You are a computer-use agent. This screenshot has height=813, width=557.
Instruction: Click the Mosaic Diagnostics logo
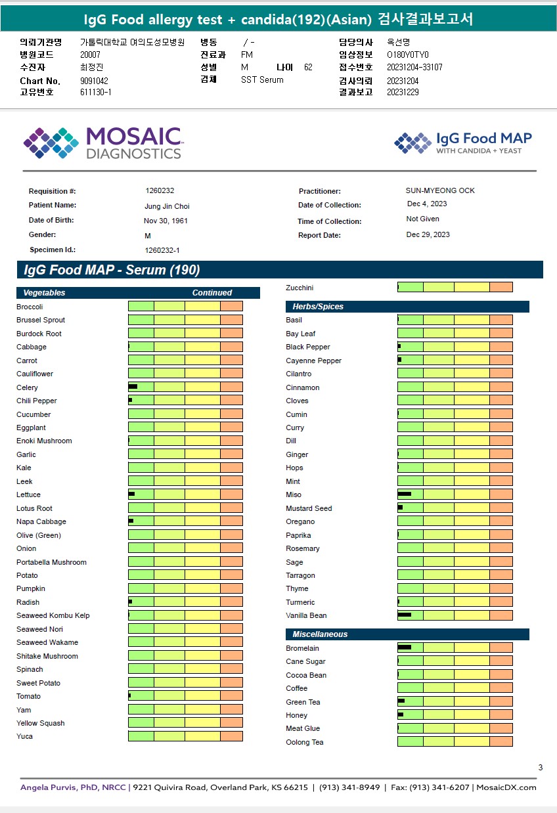pyautogui.click(x=102, y=143)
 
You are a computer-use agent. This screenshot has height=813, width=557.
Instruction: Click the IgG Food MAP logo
pyautogui.click(x=463, y=143)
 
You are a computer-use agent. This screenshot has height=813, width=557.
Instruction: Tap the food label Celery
pyautogui.click(x=27, y=387)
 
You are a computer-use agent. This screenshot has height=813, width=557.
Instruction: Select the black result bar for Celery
pyautogui.click(x=133, y=387)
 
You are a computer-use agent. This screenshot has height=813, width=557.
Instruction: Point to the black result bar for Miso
pyautogui.click(x=404, y=494)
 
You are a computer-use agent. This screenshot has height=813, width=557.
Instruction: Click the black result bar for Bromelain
pyautogui.click(x=404, y=648)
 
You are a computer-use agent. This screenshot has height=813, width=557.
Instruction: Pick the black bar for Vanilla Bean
pyautogui.click(x=404, y=615)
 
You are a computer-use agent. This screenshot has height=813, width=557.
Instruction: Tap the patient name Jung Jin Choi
pyautogui.click(x=167, y=206)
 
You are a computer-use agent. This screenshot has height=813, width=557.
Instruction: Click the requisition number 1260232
pyautogui.click(x=160, y=190)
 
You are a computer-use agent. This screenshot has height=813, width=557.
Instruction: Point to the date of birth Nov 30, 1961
pyautogui.click(x=166, y=221)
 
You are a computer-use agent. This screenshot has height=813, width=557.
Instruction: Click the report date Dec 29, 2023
pyautogui.click(x=428, y=234)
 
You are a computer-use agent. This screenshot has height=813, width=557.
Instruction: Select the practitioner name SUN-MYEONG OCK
pyautogui.click(x=440, y=190)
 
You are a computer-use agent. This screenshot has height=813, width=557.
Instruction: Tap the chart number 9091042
pyautogui.click(x=94, y=81)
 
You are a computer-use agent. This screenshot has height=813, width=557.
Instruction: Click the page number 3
pyautogui.click(x=540, y=768)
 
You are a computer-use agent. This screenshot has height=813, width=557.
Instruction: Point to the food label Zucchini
pyautogui.click(x=300, y=288)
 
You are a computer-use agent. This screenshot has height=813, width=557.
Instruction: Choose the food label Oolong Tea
pyautogui.click(x=304, y=742)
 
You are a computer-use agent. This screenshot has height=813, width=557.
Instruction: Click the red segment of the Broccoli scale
pyautogui.click(x=231, y=306)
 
